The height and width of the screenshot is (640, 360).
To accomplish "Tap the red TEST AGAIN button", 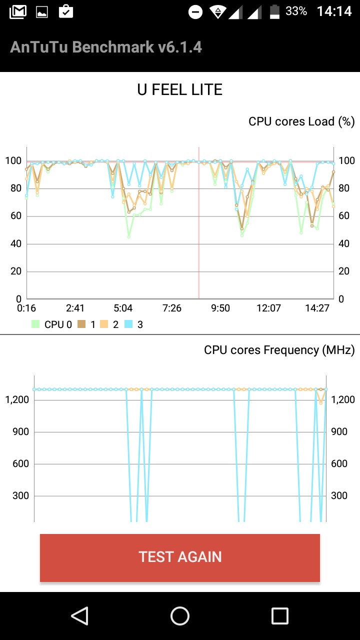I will pyautogui.click(x=180, y=557).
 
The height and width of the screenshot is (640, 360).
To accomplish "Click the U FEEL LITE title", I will pyautogui.click(x=180, y=90).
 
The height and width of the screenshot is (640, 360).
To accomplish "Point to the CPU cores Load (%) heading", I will pyautogui.click(x=301, y=121).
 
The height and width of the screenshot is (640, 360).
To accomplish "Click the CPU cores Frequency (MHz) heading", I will pyautogui.click(x=279, y=350).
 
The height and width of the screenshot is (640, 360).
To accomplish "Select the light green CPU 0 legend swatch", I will pyautogui.click(x=35, y=324).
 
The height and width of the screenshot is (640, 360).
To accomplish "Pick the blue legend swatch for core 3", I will pyautogui.click(x=128, y=324).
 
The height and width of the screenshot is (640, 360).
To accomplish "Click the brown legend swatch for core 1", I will pyautogui.click(x=81, y=324).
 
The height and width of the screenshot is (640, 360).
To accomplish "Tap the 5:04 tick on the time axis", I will pyautogui.click(x=123, y=308).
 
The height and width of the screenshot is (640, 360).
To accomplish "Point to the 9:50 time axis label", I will pyautogui.click(x=220, y=308).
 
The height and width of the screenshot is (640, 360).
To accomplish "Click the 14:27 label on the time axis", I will pyautogui.click(x=317, y=308).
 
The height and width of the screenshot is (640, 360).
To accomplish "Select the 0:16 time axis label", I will pyautogui.click(x=26, y=308).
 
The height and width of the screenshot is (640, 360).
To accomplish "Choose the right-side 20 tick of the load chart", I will pyautogui.click(x=344, y=271).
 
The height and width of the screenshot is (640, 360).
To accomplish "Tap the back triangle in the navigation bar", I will pyautogui.click(x=79, y=616).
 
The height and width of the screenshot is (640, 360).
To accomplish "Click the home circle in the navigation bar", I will pyautogui.click(x=180, y=616).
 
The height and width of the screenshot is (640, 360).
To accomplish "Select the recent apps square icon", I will pyautogui.click(x=280, y=616).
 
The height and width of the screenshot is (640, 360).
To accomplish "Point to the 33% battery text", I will pyautogui.click(x=296, y=11).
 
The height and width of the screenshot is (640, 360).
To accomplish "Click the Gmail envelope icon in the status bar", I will pyautogui.click(x=18, y=11).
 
